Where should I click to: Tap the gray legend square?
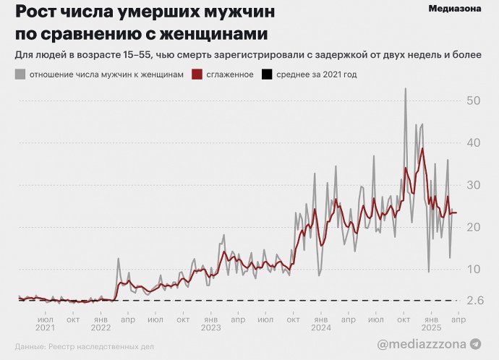coord(20,74)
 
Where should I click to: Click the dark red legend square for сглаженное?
coord(197,74)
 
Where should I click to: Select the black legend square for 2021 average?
coord(267,74)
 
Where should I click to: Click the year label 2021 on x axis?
coord(46,327)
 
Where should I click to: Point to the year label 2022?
coord(101,327)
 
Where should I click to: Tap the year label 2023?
coord(210,327)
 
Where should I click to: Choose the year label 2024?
coord(320,327)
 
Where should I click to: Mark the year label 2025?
coord(430,327)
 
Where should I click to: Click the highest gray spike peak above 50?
coord(405,89)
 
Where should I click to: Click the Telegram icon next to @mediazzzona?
coord(475,345)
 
